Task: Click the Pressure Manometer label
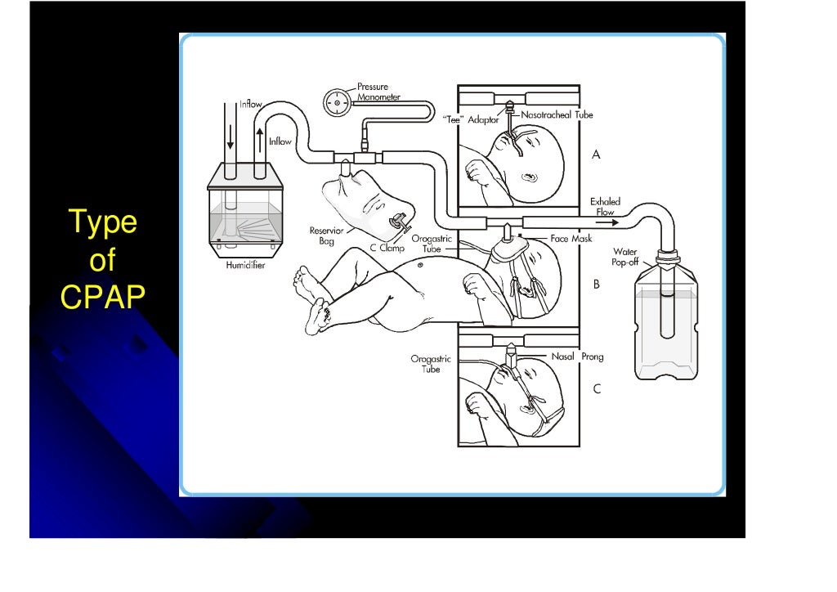click(378, 92)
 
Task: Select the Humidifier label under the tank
click(245, 266)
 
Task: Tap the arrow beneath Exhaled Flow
click(605, 221)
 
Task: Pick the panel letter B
click(596, 285)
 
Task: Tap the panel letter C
click(596, 389)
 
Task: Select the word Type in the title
click(102, 222)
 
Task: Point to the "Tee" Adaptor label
click(471, 119)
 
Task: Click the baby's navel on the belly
click(419, 264)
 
